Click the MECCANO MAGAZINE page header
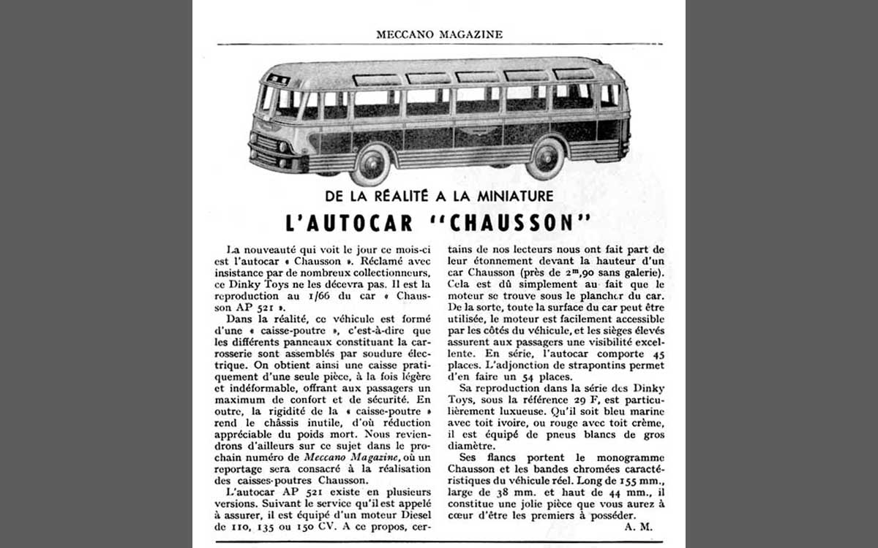(x=439, y=34)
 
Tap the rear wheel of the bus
(x=546, y=157)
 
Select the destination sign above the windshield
(x=278, y=79)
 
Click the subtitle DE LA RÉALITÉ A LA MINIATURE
(x=439, y=196)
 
